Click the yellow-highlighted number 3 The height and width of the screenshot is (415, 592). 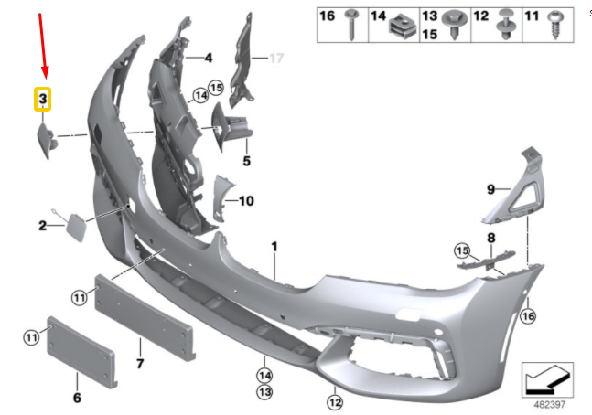(43, 99)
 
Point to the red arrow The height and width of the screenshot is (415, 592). (43, 46)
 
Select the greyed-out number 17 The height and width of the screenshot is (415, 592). (276, 59)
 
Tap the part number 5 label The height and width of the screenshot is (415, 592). (246, 161)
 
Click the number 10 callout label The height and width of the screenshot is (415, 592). (246, 201)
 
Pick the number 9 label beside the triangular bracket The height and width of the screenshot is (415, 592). (490, 188)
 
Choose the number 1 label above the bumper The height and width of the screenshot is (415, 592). (274, 247)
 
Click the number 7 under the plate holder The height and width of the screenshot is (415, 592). (140, 364)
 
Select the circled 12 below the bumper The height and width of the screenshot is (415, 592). (335, 402)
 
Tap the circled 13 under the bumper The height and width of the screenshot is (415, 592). (264, 392)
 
